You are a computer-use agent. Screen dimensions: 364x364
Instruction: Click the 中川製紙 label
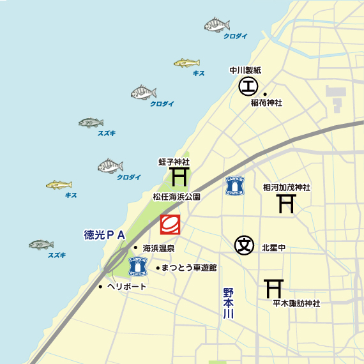pos(246,70)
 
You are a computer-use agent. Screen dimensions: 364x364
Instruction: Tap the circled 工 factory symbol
pos(248,86)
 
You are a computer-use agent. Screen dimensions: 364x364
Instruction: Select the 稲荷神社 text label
pos(266,103)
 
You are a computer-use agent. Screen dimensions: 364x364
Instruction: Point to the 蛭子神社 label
pos(174,162)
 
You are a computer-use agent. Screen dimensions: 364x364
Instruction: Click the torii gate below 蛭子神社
pos(179,176)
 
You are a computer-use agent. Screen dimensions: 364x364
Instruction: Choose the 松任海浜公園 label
pos(177,197)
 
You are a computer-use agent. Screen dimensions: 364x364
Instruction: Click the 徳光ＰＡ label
pos(104,235)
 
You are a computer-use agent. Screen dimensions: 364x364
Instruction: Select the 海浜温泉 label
pos(159,248)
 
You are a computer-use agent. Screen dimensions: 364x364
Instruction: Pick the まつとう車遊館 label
pos(189,268)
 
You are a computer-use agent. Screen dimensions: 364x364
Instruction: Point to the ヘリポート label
pos(127,287)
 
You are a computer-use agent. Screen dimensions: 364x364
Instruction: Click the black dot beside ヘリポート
pos(100,287)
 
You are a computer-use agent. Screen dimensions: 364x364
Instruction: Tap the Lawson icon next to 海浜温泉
pos(138,266)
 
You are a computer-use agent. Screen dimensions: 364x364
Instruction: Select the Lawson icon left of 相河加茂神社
pos(235,186)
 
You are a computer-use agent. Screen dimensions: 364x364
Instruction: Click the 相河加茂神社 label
pos(287,188)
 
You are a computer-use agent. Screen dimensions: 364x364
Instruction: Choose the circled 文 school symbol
pos(244,244)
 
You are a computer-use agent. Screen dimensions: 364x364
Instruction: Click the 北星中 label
pos(273,246)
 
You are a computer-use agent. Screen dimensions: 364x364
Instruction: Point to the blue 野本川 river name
pos(229,303)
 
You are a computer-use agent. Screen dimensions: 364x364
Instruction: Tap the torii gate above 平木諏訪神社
pos(274,289)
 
